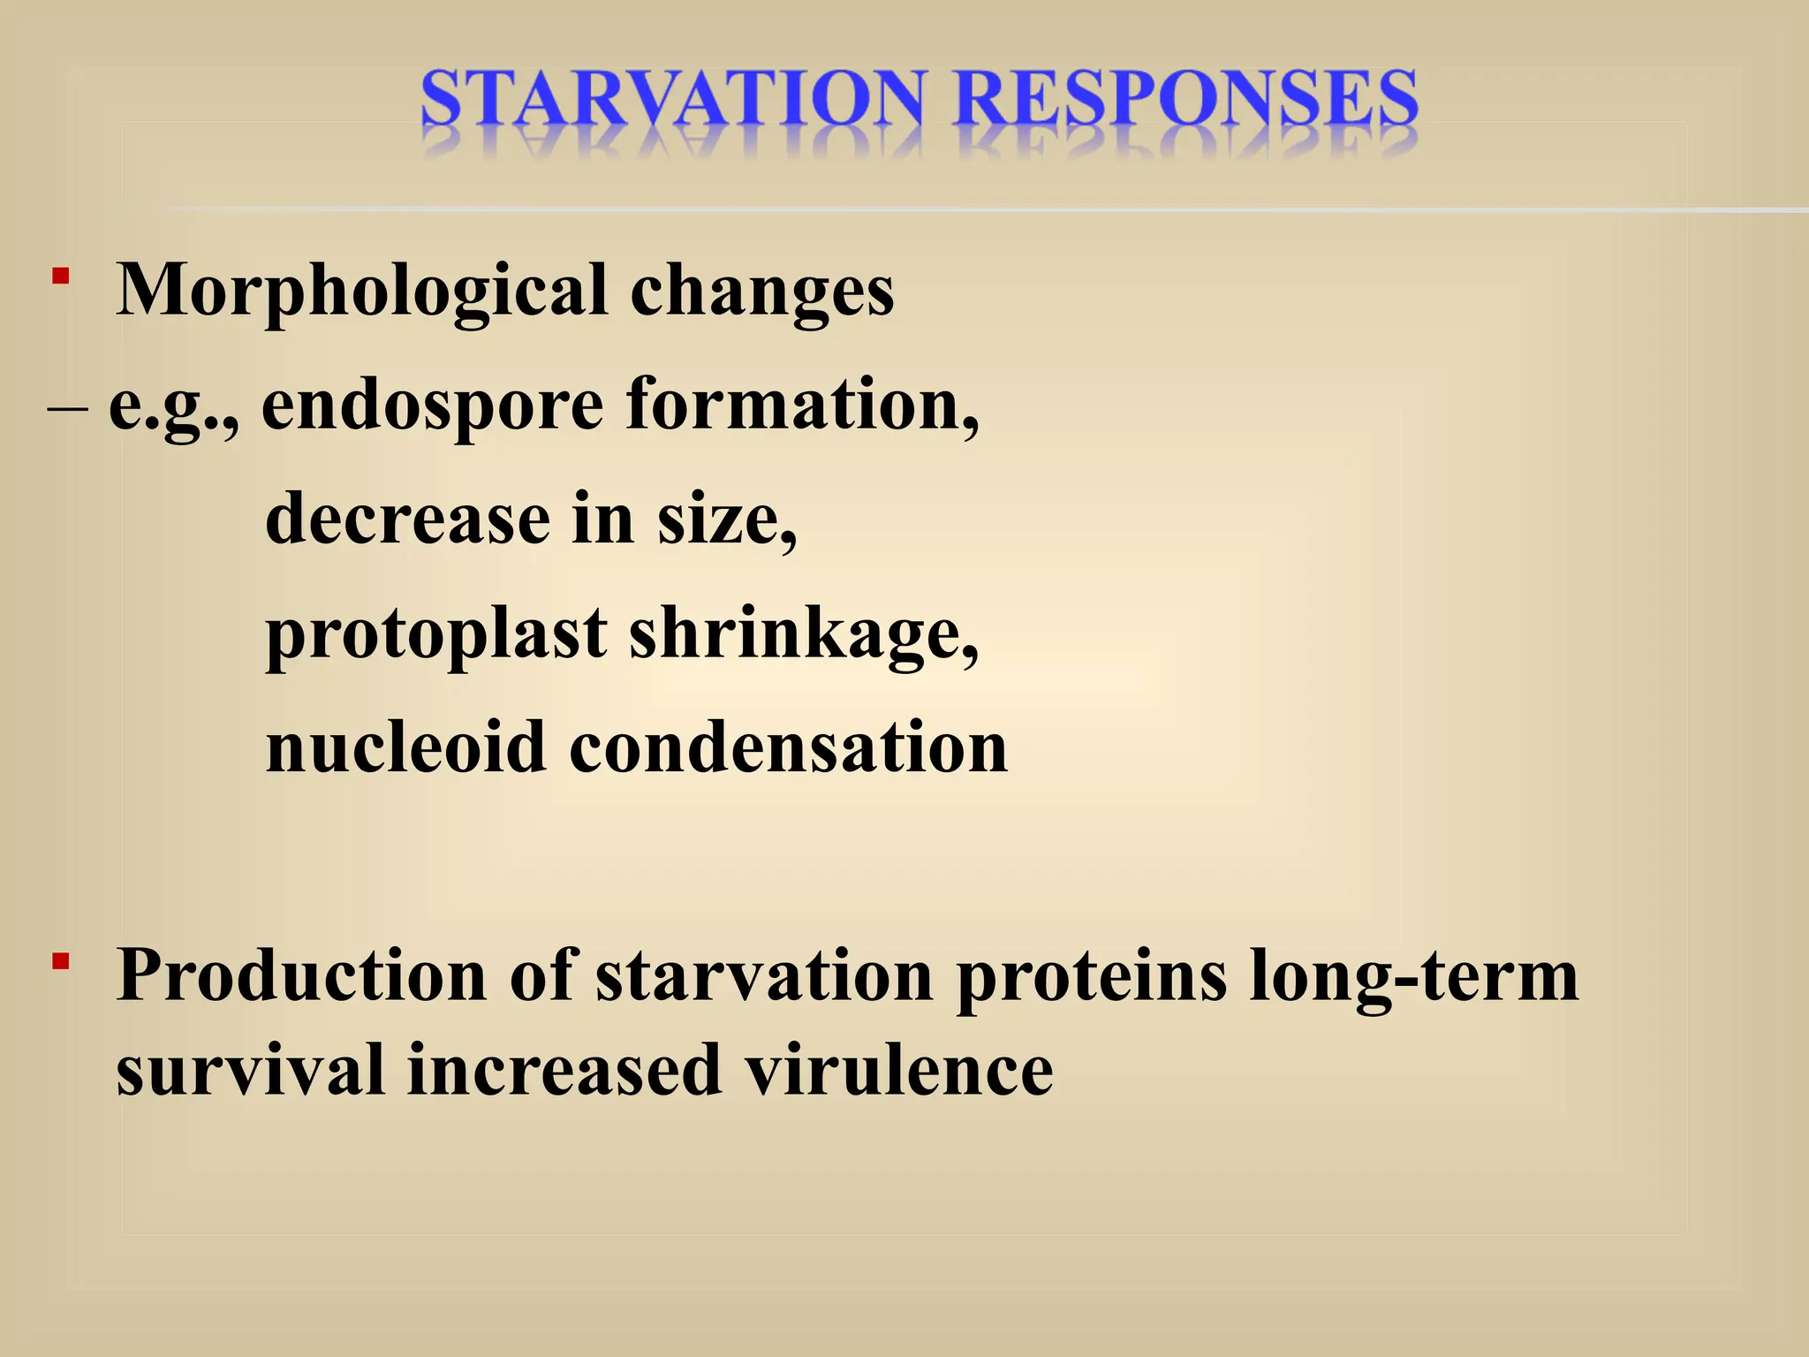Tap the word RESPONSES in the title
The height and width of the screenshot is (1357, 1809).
coord(1185,99)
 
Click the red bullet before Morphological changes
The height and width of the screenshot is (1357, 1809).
coord(60,277)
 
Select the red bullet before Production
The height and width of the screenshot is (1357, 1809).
coord(60,962)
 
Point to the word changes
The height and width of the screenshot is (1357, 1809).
coord(761,292)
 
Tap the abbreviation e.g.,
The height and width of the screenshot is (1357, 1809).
coord(173,406)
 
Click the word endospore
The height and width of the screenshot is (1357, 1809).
coord(433,406)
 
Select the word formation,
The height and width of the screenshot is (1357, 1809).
coord(802,406)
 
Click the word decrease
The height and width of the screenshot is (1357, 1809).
coord(407,519)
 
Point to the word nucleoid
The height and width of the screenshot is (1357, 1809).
coord(405,747)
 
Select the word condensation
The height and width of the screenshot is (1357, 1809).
coord(788,747)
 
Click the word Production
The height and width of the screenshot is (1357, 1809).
coord(301,976)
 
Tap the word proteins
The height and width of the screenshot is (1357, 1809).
coord(1092,976)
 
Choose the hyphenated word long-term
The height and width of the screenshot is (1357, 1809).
coord(1413,976)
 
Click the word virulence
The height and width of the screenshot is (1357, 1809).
coord(898,1071)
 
